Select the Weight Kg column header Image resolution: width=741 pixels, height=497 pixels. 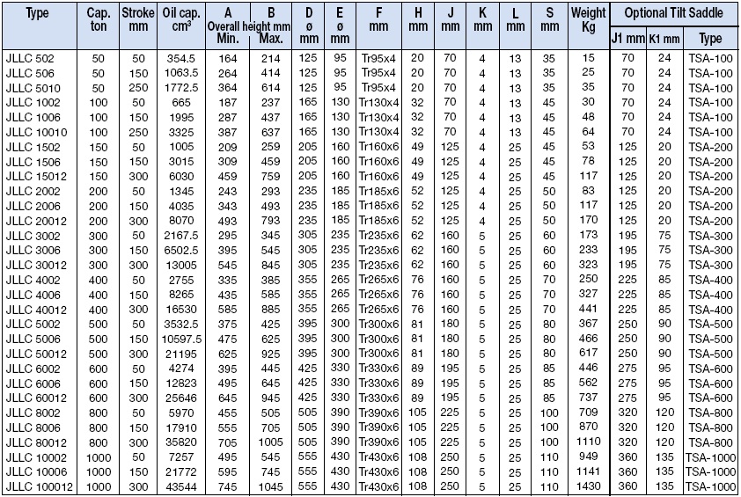click(588, 20)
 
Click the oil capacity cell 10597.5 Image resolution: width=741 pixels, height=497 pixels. click(182, 338)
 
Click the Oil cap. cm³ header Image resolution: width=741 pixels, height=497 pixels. click(182, 20)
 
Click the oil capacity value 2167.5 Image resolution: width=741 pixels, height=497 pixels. click(182, 236)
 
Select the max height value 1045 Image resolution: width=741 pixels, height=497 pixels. click(272, 486)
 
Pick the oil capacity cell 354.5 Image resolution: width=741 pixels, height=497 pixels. click(182, 58)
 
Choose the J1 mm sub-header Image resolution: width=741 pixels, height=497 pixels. click(627, 40)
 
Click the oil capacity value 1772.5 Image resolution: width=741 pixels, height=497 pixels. click(182, 88)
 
